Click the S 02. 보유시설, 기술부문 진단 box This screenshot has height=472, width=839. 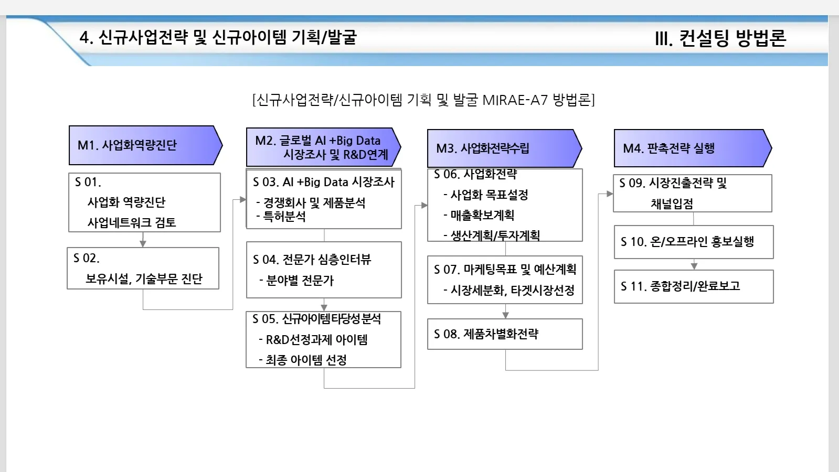(x=143, y=268)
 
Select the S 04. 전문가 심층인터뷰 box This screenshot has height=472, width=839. (x=324, y=270)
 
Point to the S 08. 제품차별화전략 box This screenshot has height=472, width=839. (x=505, y=334)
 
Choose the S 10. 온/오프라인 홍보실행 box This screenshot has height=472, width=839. (x=694, y=242)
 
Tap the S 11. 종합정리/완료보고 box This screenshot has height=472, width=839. (x=694, y=286)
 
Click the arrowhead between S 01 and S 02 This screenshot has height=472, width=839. (x=143, y=243)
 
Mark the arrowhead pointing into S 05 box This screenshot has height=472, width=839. (x=324, y=307)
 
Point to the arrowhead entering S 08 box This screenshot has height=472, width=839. (x=505, y=315)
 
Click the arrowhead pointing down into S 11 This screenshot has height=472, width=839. (x=694, y=266)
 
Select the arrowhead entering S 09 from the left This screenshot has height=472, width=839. (x=609, y=194)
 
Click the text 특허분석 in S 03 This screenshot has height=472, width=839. (x=284, y=216)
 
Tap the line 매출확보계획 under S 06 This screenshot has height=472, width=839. (x=482, y=215)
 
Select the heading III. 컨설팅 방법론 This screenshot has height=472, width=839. (x=720, y=38)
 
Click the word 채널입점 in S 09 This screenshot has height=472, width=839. (x=672, y=203)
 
